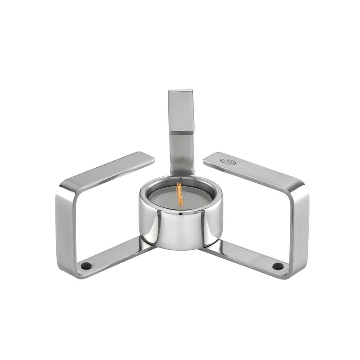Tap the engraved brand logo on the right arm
pyautogui.click(x=228, y=161)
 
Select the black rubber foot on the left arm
pyautogui.click(x=85, y=266)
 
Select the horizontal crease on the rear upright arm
pyautogui.click(x=181, y=133)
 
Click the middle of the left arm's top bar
pyautogui.click(x=108, y=171)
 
